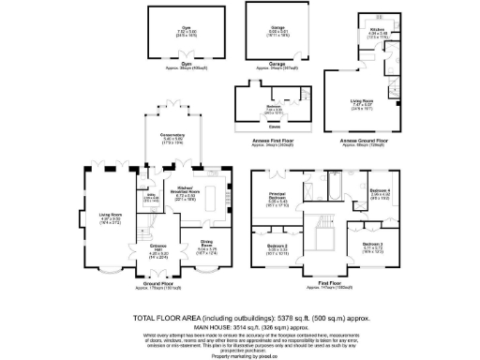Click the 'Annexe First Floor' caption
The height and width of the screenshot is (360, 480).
(x=273, y=142)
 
